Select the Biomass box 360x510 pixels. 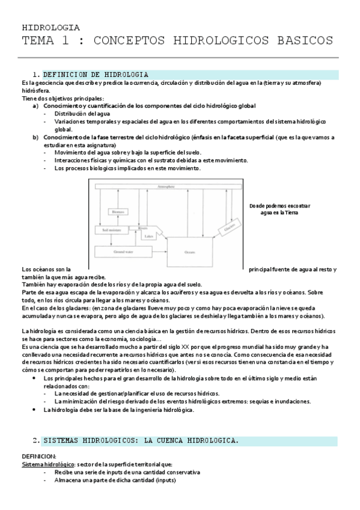[117, 211]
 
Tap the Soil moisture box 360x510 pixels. [108, 230]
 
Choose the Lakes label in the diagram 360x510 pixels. [147, 236]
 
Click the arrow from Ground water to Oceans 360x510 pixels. [157, 253]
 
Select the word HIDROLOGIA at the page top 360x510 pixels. [50, 28]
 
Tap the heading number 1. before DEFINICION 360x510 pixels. [37, 75]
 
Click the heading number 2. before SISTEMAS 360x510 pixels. [37, 440]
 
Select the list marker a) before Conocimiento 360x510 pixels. [35, 106]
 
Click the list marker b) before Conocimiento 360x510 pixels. [35, 137]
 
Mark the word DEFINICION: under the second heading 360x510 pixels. [38, 456]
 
